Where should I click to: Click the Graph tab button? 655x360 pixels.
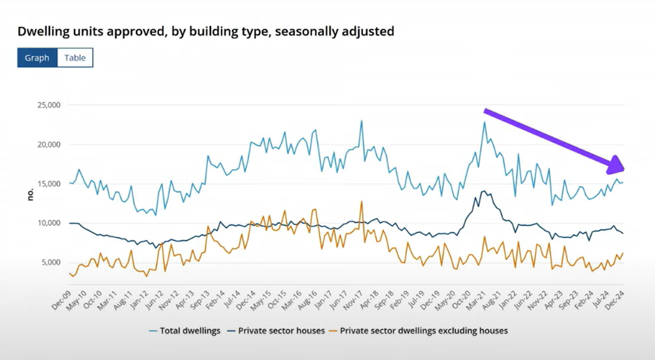click(37, 58)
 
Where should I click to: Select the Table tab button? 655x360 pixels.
click(75, 58)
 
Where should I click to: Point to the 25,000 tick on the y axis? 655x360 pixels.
click(48, 105)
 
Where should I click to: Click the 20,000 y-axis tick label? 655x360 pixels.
click(48, 145)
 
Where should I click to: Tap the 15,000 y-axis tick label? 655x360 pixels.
click(48, 184)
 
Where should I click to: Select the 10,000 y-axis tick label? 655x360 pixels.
click(48, 224)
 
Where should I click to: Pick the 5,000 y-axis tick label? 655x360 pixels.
click(50, 263)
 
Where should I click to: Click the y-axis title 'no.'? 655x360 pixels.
click(30, 194)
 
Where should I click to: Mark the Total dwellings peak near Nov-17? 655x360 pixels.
click(362, 120)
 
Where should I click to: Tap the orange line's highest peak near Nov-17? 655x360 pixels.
click(362, 201)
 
